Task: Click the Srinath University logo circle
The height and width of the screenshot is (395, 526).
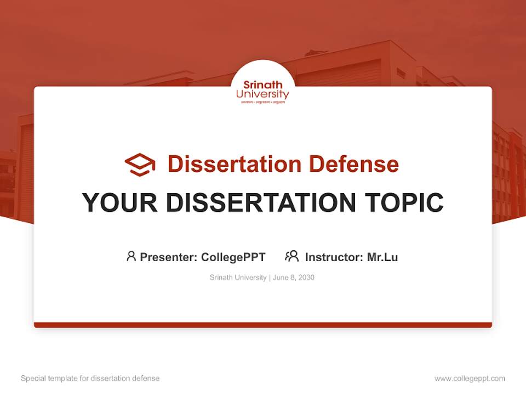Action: click(x=263, y=82)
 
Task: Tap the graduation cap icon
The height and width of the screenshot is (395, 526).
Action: click(x=140, y=164)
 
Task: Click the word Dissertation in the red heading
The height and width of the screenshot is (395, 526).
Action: click(x=235, y=164)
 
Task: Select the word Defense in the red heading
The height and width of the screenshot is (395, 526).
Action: click(x=353, y=164)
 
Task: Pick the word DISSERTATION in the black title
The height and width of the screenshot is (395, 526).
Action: click(x=260, y=202)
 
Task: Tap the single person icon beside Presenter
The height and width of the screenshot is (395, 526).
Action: click(x=131, y=256)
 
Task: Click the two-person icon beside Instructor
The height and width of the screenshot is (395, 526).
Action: click(x=292, y=256)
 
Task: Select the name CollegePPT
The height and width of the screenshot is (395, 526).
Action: click(x=233, y=257)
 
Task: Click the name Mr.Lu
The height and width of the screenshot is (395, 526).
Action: click(x=382, y=257)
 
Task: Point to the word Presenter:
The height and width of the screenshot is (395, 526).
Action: click(x=169, y=257)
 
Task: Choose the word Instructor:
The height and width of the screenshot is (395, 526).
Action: click(x=334, y=257)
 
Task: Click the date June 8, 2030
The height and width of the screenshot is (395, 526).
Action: click(x=294, y=278)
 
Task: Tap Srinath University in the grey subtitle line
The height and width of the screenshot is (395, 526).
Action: click(x=238, y=278)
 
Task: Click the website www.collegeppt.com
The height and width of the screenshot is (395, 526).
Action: click(x=470, y=379)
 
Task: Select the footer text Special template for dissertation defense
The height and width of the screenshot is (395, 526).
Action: click(x=90, y=379)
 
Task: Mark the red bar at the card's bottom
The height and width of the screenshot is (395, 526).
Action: click(x=263, y=325)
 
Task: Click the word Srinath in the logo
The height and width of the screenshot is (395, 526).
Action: click(x=263, y=85)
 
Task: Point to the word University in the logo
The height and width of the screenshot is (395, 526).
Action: click(x=263, y=94)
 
